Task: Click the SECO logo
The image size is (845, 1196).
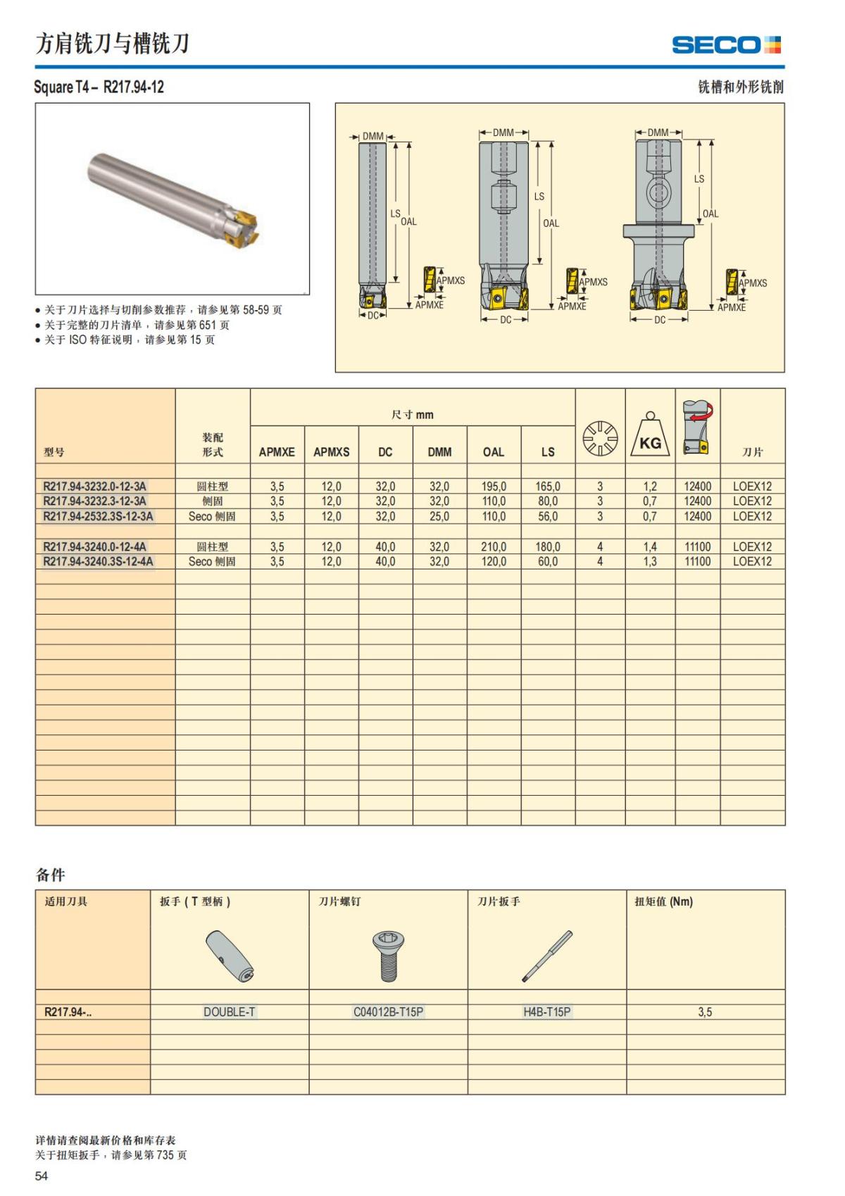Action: tap(726, 45)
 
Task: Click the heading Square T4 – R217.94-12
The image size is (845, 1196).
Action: tap(99, 87)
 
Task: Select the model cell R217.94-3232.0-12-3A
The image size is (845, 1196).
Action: tap(95, 486)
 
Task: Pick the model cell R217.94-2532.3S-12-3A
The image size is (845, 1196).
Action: tap(98, 517)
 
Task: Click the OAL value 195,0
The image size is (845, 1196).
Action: tap(494, 486)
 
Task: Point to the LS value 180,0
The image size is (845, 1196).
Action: tap(548, 547)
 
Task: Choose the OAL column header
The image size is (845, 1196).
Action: tap(494, 452)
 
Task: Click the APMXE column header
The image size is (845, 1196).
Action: tap(277, 452)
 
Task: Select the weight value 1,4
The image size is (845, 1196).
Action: tap(650, 547)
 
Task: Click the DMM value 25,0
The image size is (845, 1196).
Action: tap(439, 517)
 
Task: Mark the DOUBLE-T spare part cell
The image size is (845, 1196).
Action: tap(230, 1012)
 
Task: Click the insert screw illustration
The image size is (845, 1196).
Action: tap(388, 955)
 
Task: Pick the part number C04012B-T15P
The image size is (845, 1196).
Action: tap(388, 1012)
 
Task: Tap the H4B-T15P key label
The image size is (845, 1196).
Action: tap(547, 1012)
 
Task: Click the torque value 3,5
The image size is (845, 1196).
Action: tap(705, 1012)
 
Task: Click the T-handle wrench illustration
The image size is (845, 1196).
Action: tap(230, 956)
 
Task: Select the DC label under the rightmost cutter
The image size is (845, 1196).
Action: tap(660, 320)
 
